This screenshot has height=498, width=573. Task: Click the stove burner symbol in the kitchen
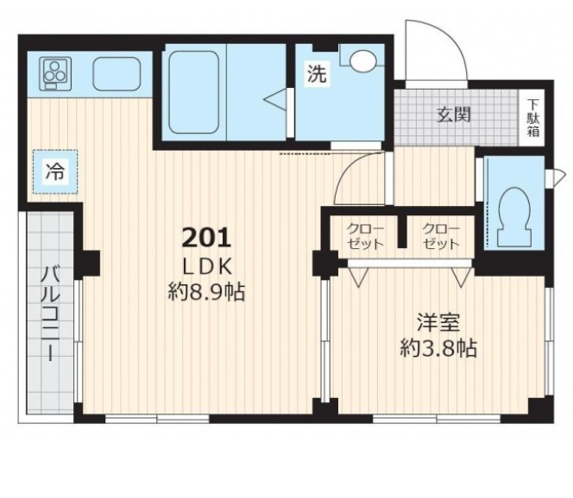(54, 72)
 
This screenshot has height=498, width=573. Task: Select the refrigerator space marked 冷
(54, 171)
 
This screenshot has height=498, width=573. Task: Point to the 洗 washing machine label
(317, 75)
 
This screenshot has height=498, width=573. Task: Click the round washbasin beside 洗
(362, 59)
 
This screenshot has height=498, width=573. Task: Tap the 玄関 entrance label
(451, 114)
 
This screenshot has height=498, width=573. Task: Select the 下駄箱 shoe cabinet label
(534, 115)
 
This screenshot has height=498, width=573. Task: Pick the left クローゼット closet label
(361, 236)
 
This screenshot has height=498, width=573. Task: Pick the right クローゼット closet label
(440, 236)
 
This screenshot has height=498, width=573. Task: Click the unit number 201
(206, 235)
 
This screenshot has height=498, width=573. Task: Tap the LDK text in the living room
(206, 265)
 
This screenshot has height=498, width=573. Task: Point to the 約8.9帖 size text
(206, 292)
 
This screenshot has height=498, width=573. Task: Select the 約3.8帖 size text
(438, 350)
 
